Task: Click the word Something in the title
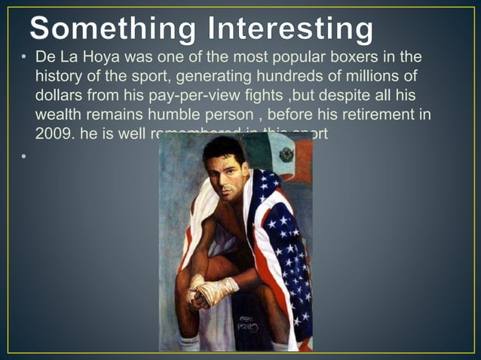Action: (111, 30)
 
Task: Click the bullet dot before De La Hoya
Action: (24, 59)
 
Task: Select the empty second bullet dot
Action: (24, 157)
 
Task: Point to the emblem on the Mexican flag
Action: (286, 156)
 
